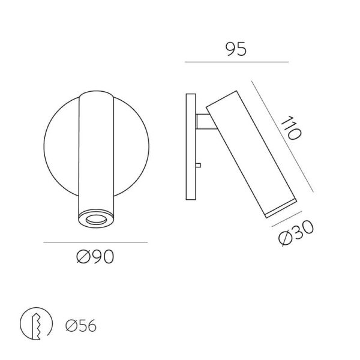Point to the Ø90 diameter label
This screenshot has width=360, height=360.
tap(95, 257)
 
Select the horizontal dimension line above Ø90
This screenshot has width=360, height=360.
tap(95, 242)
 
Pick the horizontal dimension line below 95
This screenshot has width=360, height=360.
tap(237, 62)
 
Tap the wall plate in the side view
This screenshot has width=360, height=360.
tap(191, 148)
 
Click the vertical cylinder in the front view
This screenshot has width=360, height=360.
tap(95, 156)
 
